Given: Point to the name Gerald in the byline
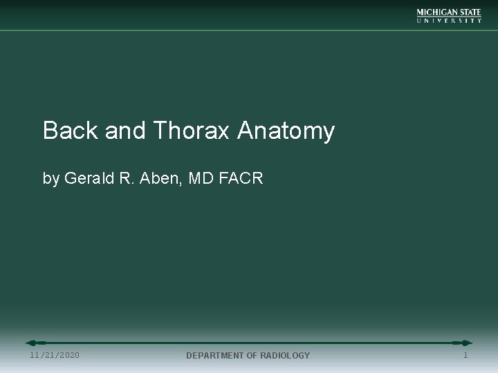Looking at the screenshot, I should pos(89,178).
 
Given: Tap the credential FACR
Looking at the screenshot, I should pos(242,178).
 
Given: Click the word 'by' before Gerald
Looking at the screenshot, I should pos(51,179).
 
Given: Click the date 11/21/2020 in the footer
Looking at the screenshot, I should pos(55,355).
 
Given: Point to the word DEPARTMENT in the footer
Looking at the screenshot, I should pos(215,355).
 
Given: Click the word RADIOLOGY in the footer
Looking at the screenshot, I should pos(284,355).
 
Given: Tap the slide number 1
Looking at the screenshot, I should pos(465,354).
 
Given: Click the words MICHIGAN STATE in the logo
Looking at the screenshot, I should pos(449,12).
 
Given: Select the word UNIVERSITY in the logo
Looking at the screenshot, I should pos(449,21).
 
